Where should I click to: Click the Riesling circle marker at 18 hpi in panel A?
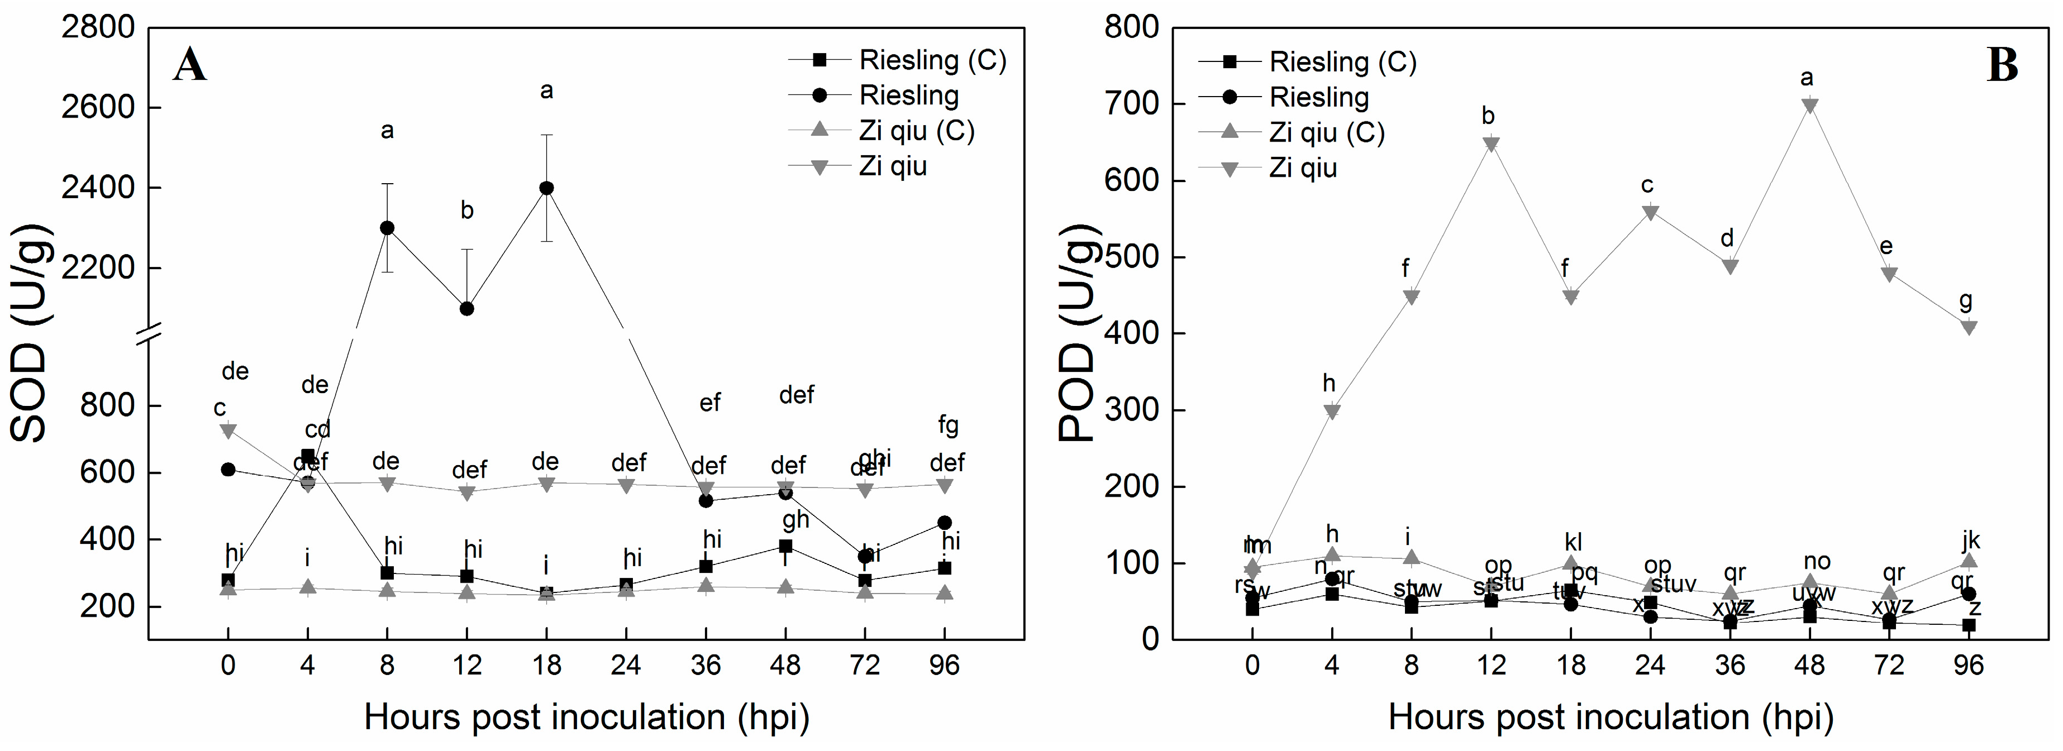546,188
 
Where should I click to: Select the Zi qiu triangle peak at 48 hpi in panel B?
1809,105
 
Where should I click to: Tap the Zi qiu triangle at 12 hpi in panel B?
1490,144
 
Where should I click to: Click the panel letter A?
190,65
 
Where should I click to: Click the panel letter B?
2002,65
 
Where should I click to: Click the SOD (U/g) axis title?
30,334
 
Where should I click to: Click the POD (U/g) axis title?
1077,334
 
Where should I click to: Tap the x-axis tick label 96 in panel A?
944,666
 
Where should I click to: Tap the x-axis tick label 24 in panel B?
1650,666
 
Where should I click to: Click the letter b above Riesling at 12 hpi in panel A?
467,211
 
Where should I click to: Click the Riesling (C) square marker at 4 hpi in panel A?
308,456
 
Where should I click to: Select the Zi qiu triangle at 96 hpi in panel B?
1969,327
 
